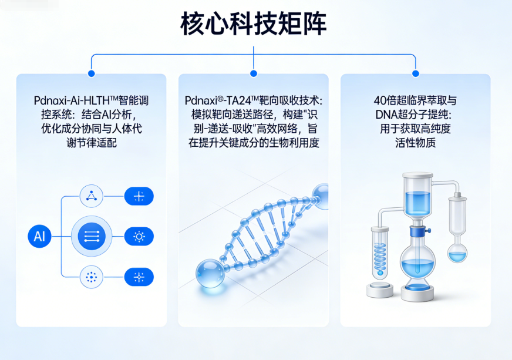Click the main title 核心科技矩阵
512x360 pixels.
pyautogui.click(x=254, y=24)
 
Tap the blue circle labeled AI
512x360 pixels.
pyautogui.click(x=39, y=236)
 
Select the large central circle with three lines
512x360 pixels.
pyautogui.click(x=92, y=236)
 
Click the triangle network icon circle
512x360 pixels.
pyautogui.click(x=92, y=196)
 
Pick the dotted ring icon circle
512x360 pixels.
pyautogui.click(x=92, y=277)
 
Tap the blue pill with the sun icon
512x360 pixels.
pyautogui.click(x=139, y=236)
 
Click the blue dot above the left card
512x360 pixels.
pyautogui.click(x=92, y=73)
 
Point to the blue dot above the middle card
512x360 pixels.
pyautogui.click(x=254, y=73)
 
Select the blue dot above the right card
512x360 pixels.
pyautogui.click(x=416, y=73)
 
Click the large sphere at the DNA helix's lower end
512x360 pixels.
pyautogui.click(x=210, y=274)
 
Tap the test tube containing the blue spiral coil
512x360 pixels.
pyautogui.click(x=380, y=253)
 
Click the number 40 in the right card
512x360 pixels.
pyautogui.click(x=380, y=100)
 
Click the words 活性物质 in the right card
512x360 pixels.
pyautogui.click(x=416, y=143)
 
